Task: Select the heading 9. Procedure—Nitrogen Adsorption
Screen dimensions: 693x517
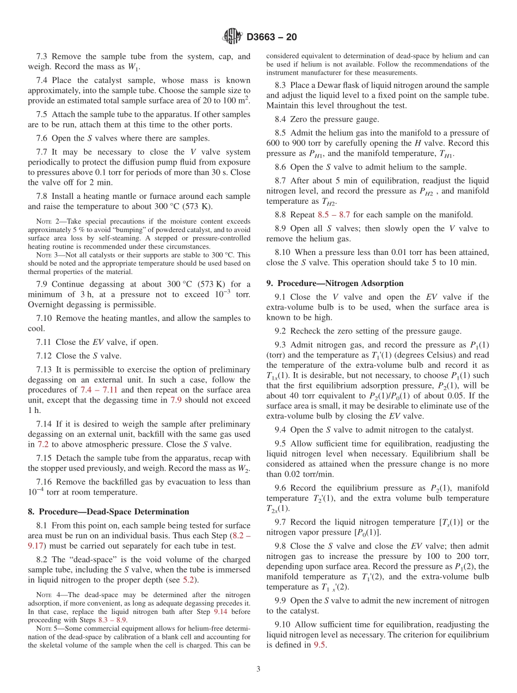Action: click(x=335, y=283)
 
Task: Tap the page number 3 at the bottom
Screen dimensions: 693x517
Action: click(x=258, y=669)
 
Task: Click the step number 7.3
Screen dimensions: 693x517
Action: click(x=42, y=56)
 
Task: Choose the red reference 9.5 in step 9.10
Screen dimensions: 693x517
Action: click(x=320, y=645)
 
